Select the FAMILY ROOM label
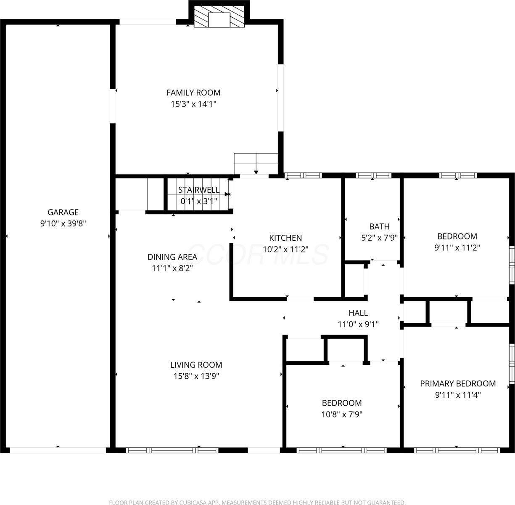tap(193, 93)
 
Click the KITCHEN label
tap(285, 238)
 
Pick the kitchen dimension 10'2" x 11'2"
tap(285, 249)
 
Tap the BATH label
tap(379, 227)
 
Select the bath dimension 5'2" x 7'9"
tap(379, 238)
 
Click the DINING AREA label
tap(172, 257)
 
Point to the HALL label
tap(358, 313)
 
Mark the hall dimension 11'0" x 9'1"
tap(358, 324)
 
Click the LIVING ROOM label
tap(196, 365)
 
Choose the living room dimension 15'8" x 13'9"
tap(196, 376)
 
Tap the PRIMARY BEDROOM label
tap(458, 384)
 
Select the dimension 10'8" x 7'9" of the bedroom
tap(342, 414)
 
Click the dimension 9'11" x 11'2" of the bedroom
tap(457, 247)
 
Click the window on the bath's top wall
tap(373, 175)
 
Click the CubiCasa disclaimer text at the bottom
tap(257, 502)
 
